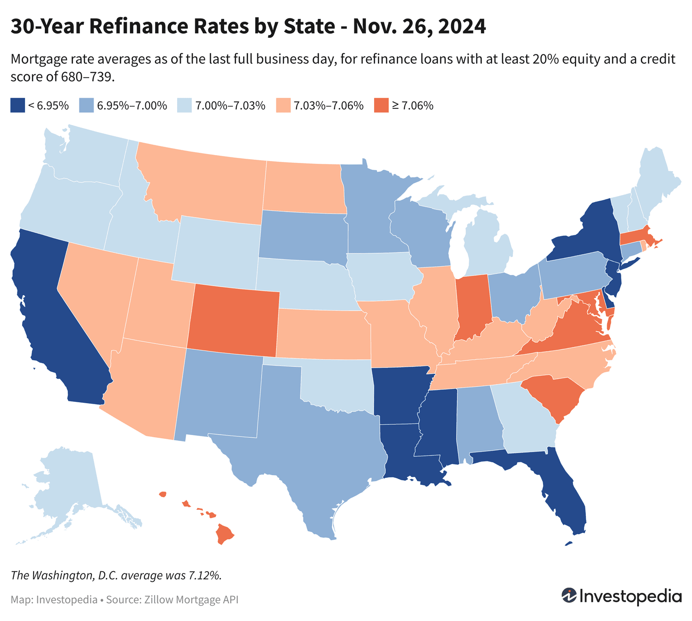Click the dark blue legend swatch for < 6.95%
click(17, 105)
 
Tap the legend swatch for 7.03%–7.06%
click(282, 105)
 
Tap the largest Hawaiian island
click(225, 534)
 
